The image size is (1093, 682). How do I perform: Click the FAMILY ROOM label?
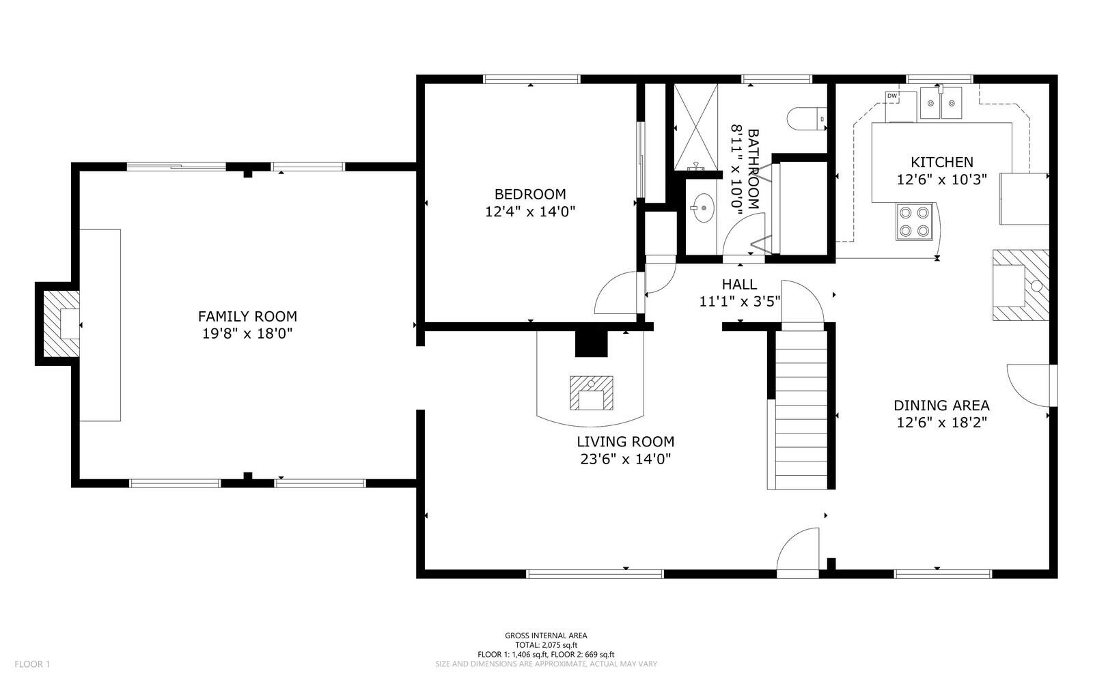(247, 316)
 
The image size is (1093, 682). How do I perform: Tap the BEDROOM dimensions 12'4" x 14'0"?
(530, 212)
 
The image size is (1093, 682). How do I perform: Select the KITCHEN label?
(941, 162)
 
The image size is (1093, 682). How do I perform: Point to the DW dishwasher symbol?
(891, 96)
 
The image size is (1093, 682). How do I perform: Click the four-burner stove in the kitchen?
(915, 222)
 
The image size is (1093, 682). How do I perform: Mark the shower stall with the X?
(696, 127)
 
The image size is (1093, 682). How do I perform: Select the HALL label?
(739, 285)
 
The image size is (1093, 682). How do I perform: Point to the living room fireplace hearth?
(592, 393)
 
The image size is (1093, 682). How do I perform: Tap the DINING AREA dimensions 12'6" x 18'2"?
(941, 423)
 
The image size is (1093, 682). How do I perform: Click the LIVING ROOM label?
(625, 442)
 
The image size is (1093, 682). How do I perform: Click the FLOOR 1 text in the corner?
(33, 664)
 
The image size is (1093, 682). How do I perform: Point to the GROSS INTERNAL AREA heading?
(546, 636)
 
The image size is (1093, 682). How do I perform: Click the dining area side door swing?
(1030, 384)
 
